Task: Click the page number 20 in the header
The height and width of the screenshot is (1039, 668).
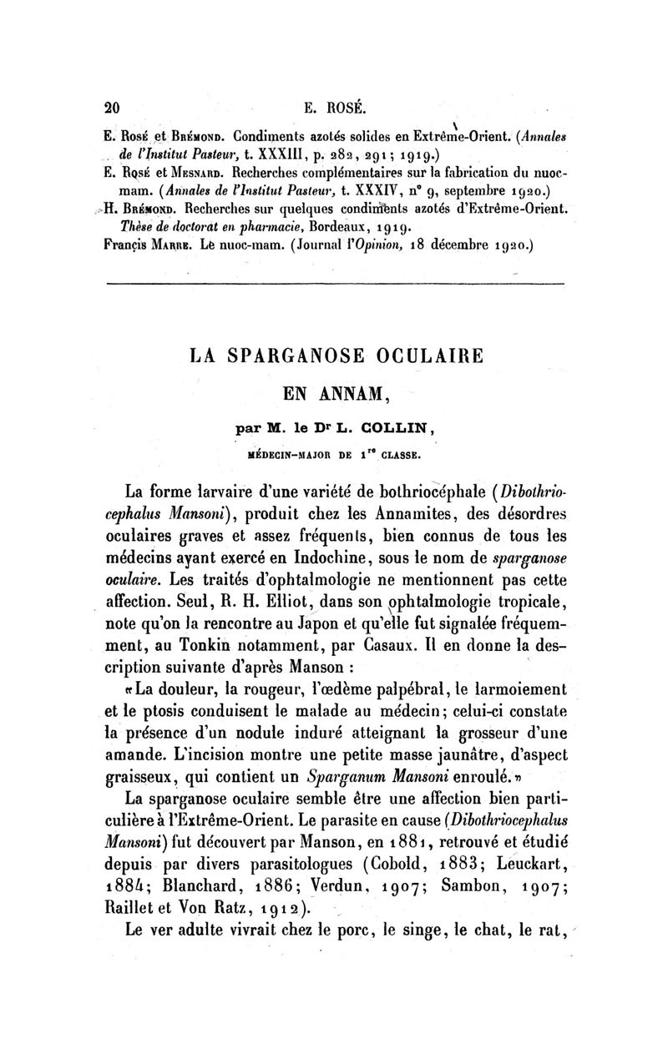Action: click(x=109, y=108)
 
